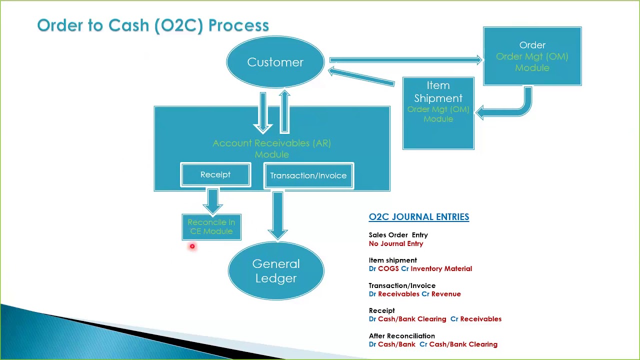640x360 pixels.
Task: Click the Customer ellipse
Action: pos(275,62)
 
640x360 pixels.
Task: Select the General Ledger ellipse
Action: pos(276,271)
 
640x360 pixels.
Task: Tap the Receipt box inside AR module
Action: pos(215,174)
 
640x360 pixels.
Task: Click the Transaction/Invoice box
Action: pos(308,175)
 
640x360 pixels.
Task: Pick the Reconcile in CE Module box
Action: pos(211,227)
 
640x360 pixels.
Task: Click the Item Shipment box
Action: pos(438,113)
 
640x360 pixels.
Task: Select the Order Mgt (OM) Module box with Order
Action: pos(532,56)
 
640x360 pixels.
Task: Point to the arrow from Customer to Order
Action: pos(405,60)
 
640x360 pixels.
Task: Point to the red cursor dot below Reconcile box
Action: pos(192,246)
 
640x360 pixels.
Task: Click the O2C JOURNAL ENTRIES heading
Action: pos(418,216)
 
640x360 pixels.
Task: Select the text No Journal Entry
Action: pos(395,243)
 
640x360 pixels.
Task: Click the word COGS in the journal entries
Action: pos(388,268)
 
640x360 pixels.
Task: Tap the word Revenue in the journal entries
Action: pos(446,294)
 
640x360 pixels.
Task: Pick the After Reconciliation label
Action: pos(401,335)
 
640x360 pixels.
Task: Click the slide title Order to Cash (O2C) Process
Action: pos(153,25)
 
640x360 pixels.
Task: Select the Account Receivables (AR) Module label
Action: pos(271,148)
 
